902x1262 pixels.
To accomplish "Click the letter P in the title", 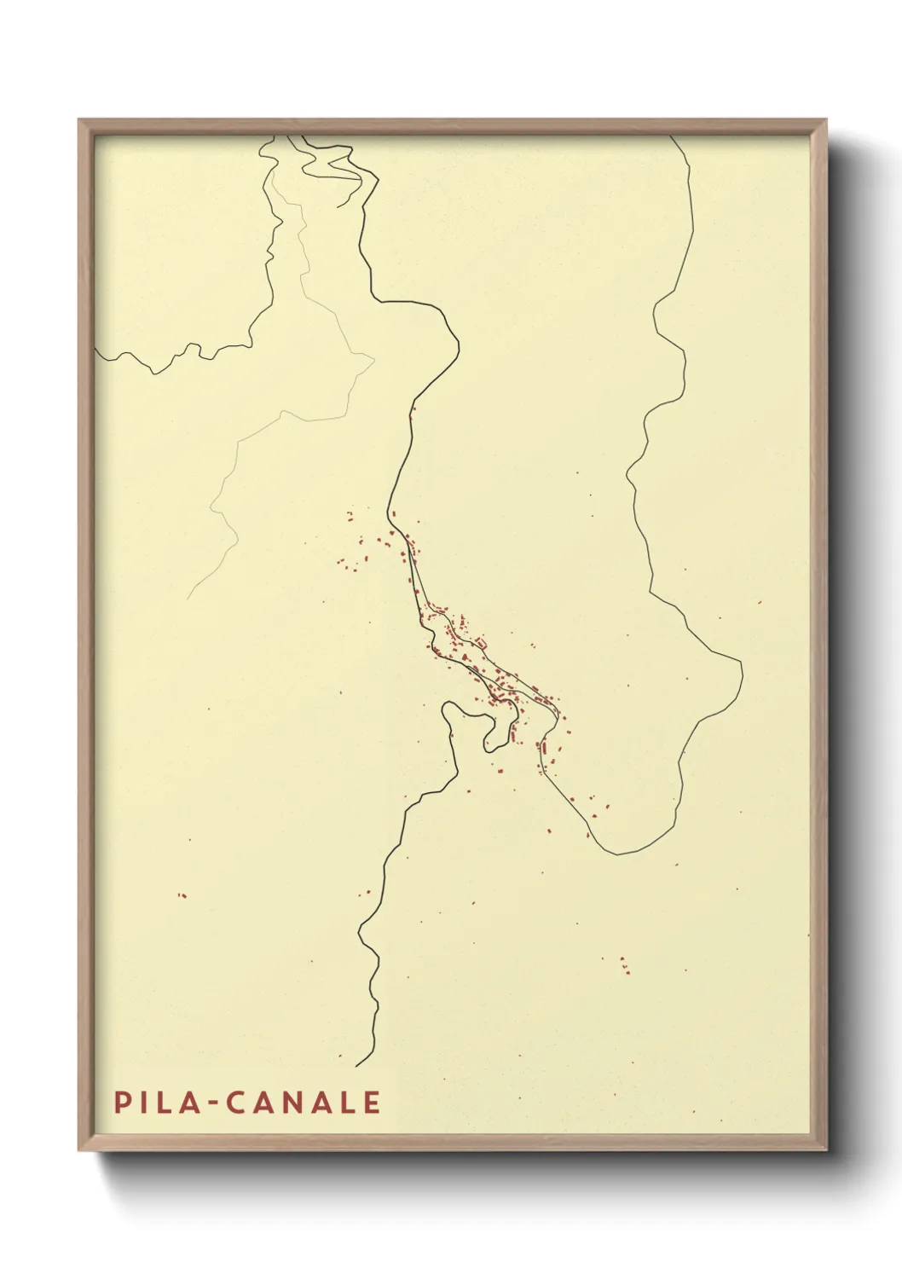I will click(x=123, y=1103).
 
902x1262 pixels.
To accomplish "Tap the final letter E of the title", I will click(x=372, y=1103).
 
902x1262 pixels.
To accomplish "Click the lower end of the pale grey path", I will click(x=188, y=599).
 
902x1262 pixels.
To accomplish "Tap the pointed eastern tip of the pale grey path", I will click(x=374, y=358).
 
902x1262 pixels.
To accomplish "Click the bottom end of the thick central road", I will click(x=356, y=1066).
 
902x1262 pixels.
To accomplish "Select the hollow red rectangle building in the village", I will click(x=481, y=642).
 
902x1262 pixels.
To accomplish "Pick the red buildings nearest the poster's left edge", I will click(x=182, y=895).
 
